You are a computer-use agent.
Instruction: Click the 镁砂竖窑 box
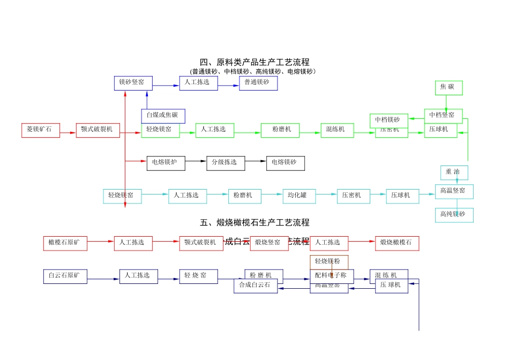pos(133,83)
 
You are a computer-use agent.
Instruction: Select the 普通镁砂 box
pos(258,83)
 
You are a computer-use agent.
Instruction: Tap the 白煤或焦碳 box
pos(163,116)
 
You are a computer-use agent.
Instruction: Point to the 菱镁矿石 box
pos(41,130)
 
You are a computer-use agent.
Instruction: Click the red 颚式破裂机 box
pos(98,130)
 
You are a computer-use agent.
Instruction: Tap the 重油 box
pos(454,172)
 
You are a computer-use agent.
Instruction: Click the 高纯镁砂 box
pos(454,215)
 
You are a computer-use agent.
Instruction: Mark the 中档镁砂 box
pos(388,120)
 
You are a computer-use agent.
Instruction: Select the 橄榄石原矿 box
pos(65,243)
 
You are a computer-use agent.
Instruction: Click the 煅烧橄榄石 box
pos(397,243)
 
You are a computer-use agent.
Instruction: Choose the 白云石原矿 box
pos(65,276)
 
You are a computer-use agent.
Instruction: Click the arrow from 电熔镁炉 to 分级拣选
pos(196,161)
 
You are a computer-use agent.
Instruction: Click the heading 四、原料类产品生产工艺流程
pos(254,62)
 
